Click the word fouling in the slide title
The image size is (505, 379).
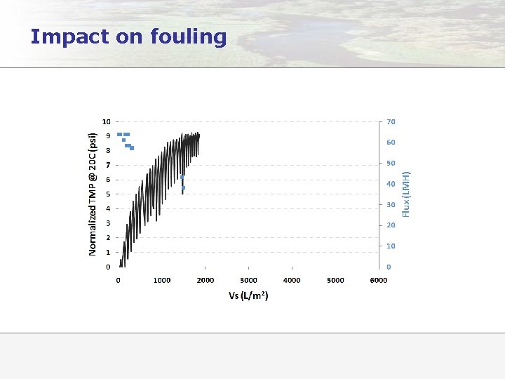point(189,36)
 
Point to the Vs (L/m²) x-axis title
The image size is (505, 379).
point(248,295)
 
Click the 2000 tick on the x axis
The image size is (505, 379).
point(206,280)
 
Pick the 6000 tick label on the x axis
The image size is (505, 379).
point(379,280)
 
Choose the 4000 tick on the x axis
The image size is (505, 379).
point(292,280)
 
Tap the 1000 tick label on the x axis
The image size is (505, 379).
point(162,280)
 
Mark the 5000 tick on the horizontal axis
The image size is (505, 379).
point(335,280)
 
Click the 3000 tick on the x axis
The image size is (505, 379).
point(249,280)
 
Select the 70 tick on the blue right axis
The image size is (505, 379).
point(391,121)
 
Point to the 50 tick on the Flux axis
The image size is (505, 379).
point(391,163)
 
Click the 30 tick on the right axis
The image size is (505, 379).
point(391,204)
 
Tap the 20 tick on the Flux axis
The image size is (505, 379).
point(391,225)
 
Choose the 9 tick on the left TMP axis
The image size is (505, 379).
point(107,136)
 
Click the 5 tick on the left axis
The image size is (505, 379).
point(107,194)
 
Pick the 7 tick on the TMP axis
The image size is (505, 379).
point(107,165)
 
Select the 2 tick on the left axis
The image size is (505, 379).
point(107,238)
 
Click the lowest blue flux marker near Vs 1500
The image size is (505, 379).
point(183,188)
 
